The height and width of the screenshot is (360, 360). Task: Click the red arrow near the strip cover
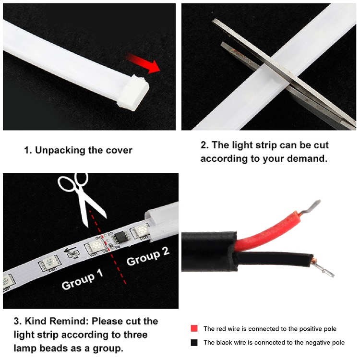144,63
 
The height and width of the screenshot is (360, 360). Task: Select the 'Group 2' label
148,256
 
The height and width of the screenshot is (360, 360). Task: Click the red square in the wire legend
194,328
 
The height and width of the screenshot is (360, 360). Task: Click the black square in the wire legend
194,343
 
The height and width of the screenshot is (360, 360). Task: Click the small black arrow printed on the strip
70,250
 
